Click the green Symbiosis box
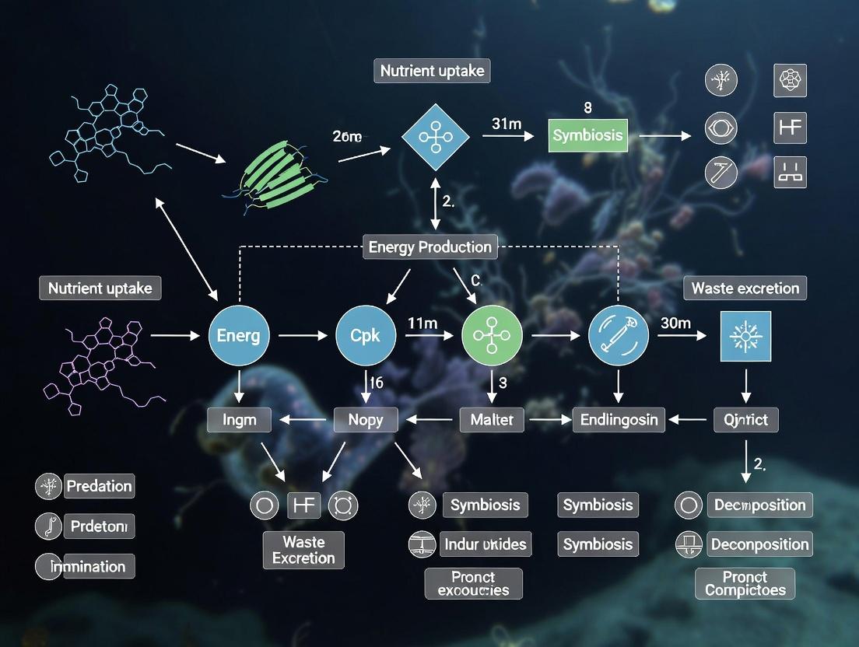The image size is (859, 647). point(587,135)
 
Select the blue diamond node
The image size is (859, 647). point(436,138)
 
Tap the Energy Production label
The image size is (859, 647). point(429,247)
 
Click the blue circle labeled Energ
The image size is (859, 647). point(239,336)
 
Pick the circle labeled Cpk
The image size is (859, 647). point(366,336)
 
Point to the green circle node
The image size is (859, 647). point(492,336)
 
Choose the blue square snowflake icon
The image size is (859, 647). point(745,337)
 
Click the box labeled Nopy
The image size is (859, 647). point(366,420)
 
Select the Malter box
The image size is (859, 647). point(492,420)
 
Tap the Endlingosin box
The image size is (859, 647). point(619,420)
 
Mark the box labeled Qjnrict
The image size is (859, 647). point(745,420)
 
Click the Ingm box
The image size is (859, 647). point(239,420)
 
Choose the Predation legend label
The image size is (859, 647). point(99,486)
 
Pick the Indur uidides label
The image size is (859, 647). point(485,544)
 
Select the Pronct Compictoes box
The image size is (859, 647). point(745,583)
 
